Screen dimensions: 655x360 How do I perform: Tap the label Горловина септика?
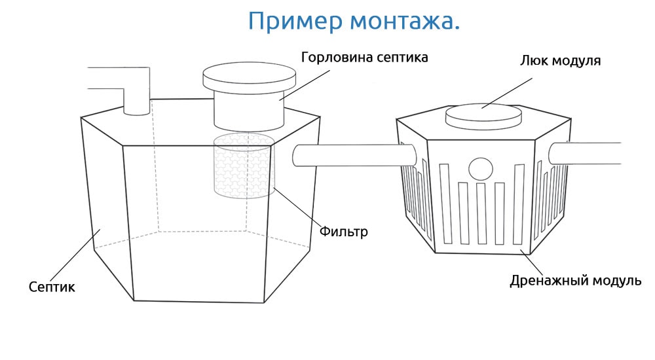pos(364,57)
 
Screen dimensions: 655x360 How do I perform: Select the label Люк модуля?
pos(560,61)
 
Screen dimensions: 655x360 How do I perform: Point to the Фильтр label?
pos(343,231)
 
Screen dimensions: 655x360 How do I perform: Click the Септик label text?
pos(52,287)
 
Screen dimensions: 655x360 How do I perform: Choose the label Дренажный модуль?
pos(575,281)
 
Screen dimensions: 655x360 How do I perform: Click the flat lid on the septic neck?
pos(250,78)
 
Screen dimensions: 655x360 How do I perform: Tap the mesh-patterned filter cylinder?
pos(244,166)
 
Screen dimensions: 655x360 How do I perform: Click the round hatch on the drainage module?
pos(483,116)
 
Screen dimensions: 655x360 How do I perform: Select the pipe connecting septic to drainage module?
pos(354,155)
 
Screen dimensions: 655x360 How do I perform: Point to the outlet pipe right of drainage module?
pos(585,153)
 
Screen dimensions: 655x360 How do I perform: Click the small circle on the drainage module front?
pos(481,169)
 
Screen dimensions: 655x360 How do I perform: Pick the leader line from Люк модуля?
pos(507,93)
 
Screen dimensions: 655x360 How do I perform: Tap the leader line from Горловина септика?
pos(305,85)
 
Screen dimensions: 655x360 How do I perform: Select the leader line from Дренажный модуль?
pos(531,262)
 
